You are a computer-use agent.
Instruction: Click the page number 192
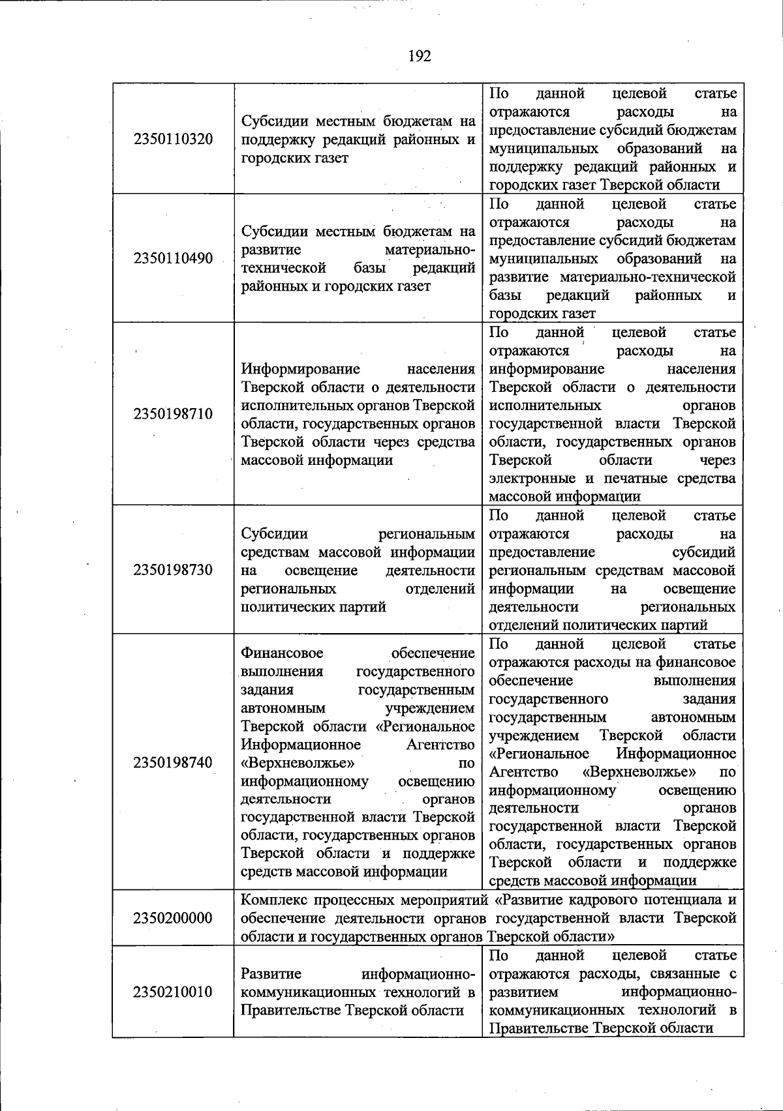420,56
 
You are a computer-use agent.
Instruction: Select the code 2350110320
173,140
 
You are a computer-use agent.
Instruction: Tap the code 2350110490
173,258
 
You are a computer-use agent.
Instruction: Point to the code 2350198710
173,414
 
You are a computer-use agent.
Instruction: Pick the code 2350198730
173,570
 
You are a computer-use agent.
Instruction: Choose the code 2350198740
173,762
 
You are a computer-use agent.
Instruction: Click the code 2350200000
173,918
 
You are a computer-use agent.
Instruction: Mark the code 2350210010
173,992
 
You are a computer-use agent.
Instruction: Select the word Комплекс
272,900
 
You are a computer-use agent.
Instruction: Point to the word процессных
351,900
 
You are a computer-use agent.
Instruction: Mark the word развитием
523,992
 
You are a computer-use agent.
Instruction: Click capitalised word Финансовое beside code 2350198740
282,653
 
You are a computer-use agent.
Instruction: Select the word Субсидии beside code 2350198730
274,534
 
